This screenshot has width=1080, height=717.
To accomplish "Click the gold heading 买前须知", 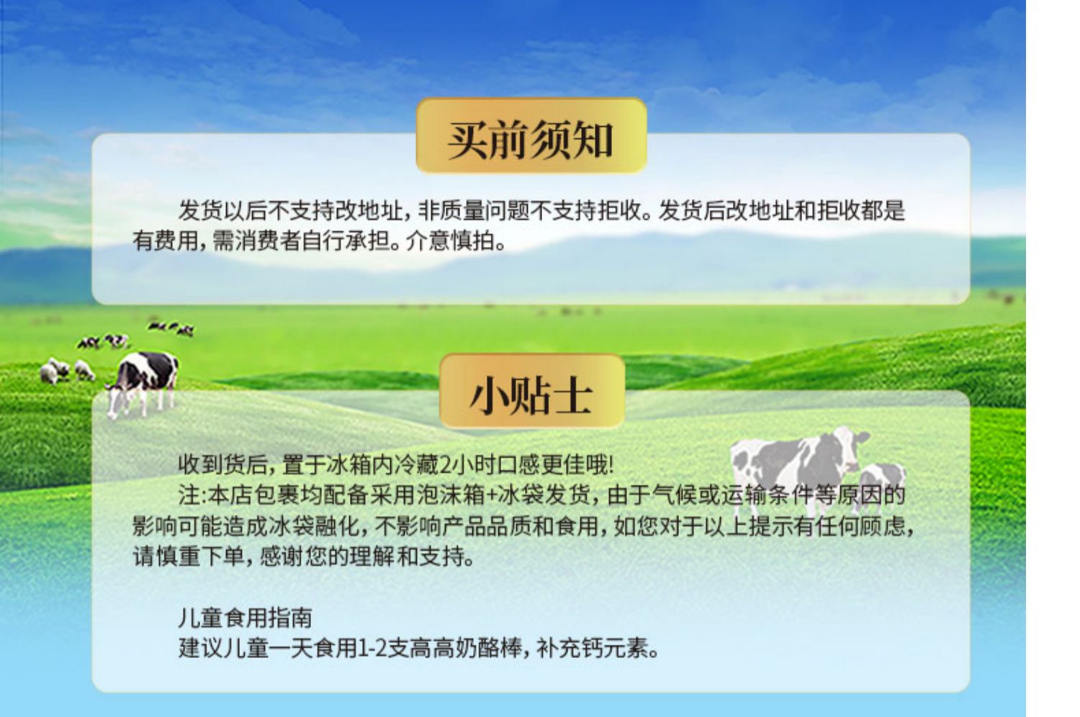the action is point(531,140).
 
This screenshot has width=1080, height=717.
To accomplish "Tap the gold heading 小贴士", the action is point(531,397).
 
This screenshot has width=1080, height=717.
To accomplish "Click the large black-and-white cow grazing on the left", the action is point(143,383).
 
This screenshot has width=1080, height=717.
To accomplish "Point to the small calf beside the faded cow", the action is point(880,484).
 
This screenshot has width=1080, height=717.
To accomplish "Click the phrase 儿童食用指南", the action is point(246,618).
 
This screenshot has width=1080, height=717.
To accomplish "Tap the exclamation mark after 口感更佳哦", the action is point(611,465).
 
